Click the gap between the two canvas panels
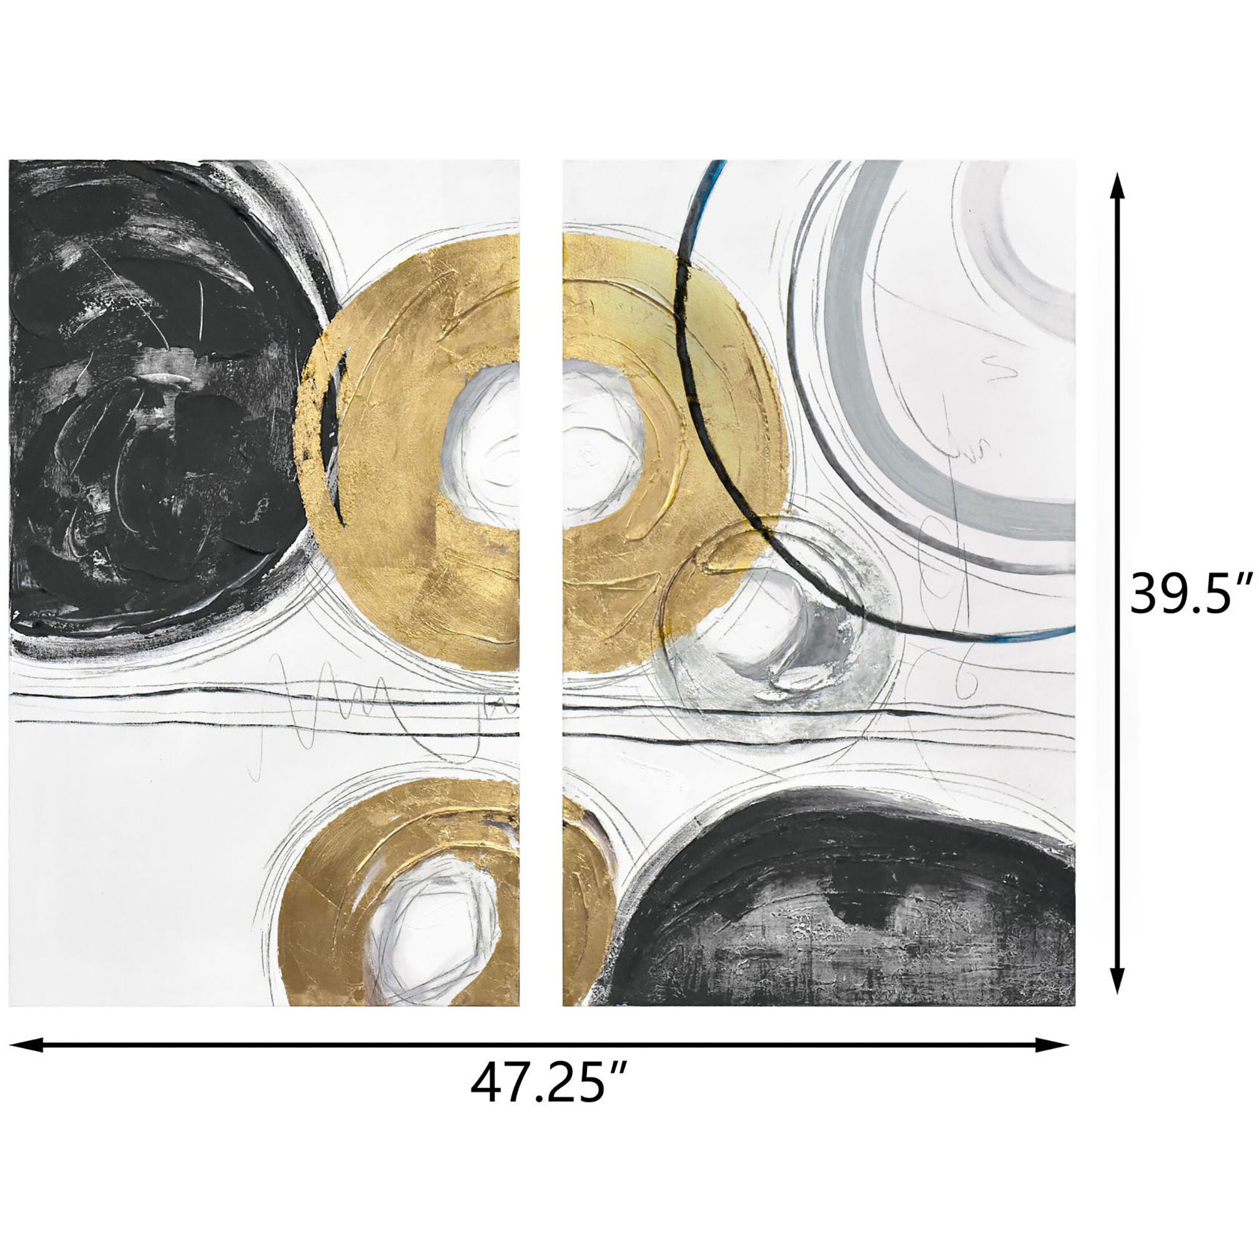click(541, 586)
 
